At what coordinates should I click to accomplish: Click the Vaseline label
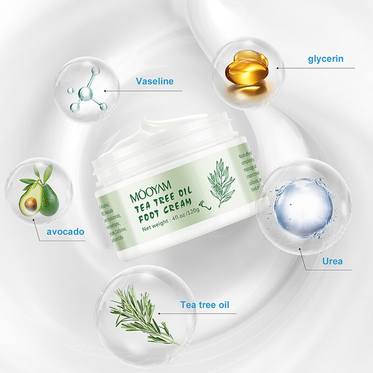point(154,82)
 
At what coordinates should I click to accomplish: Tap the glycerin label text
point(325,59)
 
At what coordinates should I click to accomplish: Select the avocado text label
point(65,232)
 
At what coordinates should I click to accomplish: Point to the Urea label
point(332,261)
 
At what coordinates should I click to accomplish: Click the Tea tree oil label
point(205,305)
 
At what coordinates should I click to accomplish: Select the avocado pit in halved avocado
point(30,203)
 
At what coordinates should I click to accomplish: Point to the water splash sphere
point(303,205)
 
